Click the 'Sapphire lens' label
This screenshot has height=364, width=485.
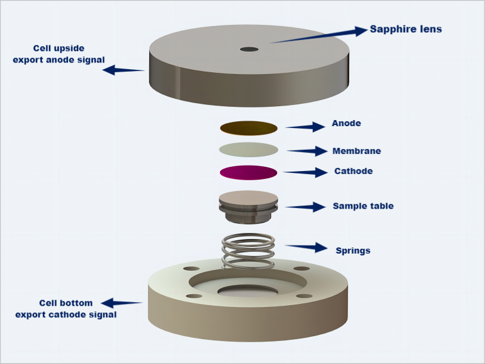pos(406,29)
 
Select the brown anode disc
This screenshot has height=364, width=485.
pos(249,127)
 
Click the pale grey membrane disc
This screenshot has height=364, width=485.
pos(249,149)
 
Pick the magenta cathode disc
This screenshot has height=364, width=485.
pos(249,172)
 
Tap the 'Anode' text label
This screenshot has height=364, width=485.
pos(346,124)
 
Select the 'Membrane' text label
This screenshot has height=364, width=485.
pos(356,151)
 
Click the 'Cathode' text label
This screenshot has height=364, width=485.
pos(353,171)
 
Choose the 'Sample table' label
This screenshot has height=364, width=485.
pos(363,206)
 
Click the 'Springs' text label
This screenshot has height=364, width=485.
pos(353,250)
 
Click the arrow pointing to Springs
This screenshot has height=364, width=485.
pos(306,248)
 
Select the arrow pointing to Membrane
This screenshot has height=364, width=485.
pos(307,151)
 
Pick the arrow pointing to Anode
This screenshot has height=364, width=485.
pos(306,127)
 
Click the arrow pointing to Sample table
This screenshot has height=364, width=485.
pos(306,207)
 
